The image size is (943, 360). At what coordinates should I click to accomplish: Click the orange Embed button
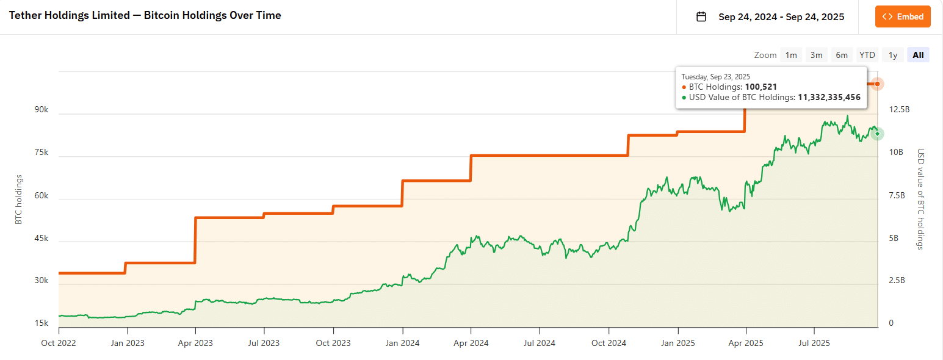pos(903,16)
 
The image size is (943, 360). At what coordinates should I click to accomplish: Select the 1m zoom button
pos(791,55)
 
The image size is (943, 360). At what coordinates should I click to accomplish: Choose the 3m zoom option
pos(816,55)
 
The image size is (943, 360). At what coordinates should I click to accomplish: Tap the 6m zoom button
pos(842,55)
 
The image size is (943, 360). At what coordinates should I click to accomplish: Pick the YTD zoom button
pos(867,55)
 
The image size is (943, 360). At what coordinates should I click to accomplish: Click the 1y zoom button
pos(892,55)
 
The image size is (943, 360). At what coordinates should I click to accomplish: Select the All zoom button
pos(918,55)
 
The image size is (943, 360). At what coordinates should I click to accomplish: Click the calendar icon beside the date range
pos(701,16)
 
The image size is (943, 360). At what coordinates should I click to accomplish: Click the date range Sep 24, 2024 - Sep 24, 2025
pos(781,16)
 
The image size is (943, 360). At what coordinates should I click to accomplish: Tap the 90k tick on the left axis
pos(42,110)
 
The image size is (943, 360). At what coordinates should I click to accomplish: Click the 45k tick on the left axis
pos(42,238)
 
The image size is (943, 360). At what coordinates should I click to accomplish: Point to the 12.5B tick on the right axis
pos(900,110)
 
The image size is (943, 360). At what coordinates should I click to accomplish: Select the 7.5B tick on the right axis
pos(897,195)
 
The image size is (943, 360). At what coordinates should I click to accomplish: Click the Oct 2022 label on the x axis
pos(59,343)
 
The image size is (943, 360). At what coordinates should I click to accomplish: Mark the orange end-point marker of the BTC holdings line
pos(877,84)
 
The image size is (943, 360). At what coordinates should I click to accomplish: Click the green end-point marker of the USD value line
pos(877,133)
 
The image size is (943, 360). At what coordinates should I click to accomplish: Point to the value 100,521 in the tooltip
pos(760,87)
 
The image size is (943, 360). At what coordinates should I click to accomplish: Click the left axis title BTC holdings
pos(19,200)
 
